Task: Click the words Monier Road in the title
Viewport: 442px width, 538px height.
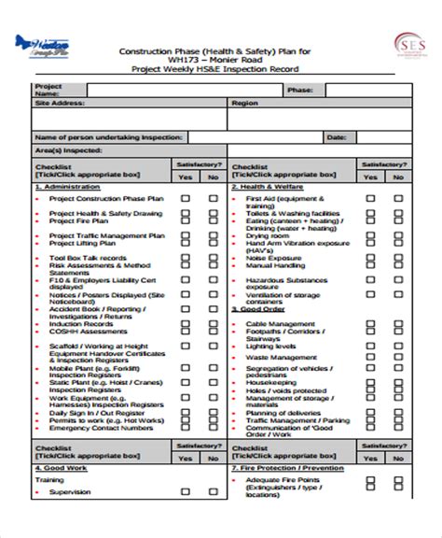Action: [239, 61]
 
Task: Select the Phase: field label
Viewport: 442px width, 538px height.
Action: [300, 90]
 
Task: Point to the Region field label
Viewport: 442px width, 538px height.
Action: [244, 104]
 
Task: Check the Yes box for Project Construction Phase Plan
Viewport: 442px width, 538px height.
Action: [186, 198]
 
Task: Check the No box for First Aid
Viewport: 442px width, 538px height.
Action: [398, 198]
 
